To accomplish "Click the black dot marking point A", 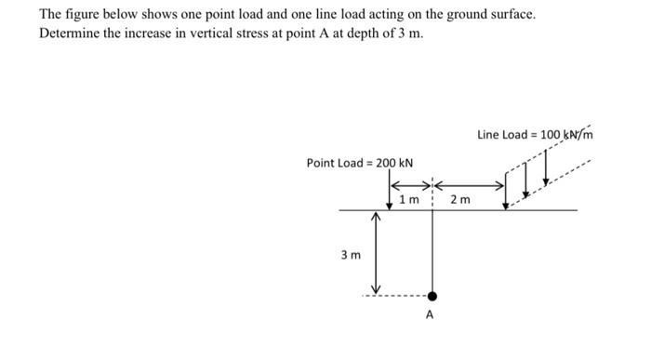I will [432, 296].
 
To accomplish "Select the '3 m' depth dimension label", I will [351, 253].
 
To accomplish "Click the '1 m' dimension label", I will [407, 199].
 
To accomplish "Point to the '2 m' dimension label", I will [459, 199].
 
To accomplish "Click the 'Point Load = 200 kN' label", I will [360, 163].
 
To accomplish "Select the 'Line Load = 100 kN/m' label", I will [535, 134].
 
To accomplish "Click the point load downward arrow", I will [388, 193].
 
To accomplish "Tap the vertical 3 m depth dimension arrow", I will [377, 251].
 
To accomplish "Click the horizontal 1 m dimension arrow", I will [409, 184].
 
